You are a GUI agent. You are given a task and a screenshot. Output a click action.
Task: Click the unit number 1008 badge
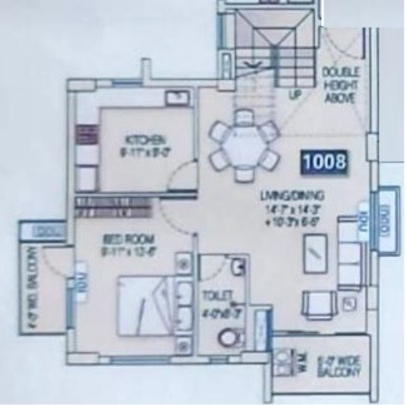tap(325, 162)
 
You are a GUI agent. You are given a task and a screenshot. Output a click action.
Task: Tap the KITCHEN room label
tap(140, 140)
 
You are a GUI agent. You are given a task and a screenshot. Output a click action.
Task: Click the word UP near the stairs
tap(296, 96)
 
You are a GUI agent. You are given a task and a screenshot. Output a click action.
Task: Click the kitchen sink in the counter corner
tap(178, 98)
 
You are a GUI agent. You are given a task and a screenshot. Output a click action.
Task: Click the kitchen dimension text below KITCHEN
tap(140, 151)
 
